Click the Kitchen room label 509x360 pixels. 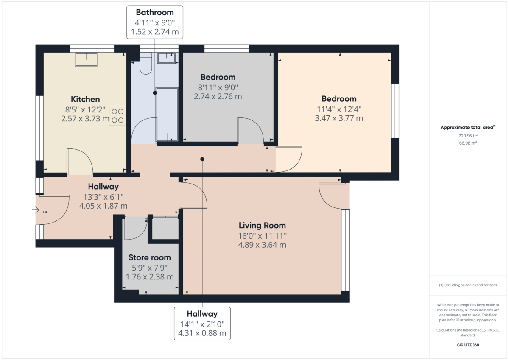click(x=85, y=99)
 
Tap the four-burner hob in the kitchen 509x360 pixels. click(x=118, y=116)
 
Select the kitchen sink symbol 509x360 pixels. click(x=86, y=59)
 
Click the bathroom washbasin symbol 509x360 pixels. click(x=166, y=58)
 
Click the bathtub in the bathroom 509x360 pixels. click(x=167, y=114)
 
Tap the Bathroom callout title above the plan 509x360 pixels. click(x=154, y=13)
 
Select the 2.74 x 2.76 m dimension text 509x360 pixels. click(x=218, y=96)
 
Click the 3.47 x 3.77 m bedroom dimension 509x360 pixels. click(x=338, y=118)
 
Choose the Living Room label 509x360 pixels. click(x=262, y=225)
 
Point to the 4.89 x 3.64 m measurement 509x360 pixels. click(x=262, y=245)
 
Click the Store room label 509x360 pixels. click(x=150, y=257)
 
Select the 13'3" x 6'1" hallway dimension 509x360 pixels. click(x=103, y=197)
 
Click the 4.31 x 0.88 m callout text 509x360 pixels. click(x=202, y=333)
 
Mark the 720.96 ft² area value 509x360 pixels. click(x=468, y=136)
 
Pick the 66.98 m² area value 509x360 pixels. click(x=468, y=143)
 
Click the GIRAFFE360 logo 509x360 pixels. click(x=468, y=345)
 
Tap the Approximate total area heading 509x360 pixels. click(x=467, y=127)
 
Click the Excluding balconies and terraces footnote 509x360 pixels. click(x=468, y=285)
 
